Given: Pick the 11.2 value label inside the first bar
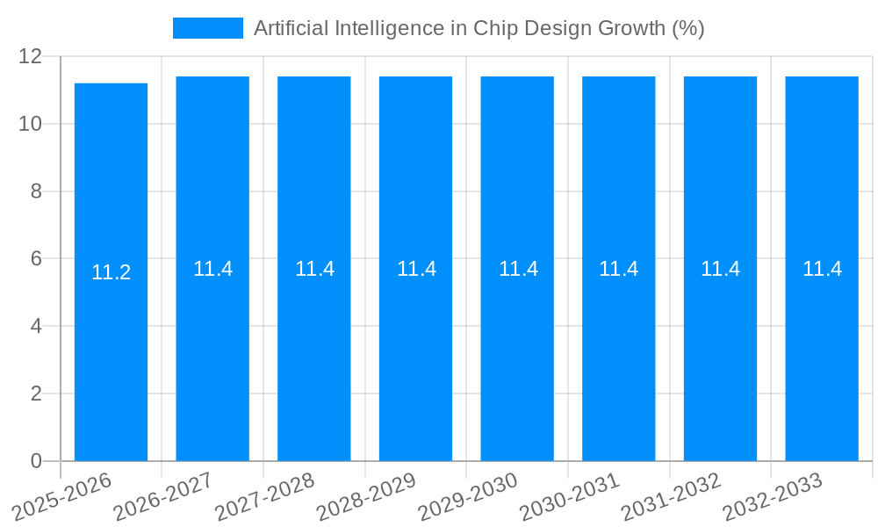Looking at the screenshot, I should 111,272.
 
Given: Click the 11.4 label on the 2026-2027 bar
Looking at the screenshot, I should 212,269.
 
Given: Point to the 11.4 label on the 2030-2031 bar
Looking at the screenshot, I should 618,269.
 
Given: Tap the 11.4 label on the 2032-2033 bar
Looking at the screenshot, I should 822,269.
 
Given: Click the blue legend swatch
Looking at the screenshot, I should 207,28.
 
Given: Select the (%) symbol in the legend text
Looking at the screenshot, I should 687,28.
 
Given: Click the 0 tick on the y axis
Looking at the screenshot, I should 36,461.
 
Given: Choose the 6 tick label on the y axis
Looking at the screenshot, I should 36,259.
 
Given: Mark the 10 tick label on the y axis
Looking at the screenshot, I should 31,124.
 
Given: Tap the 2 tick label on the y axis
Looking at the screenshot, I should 36,393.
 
